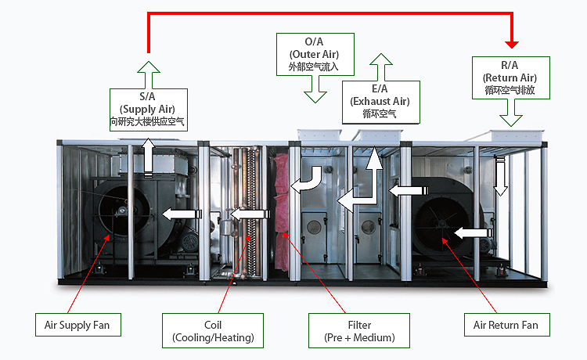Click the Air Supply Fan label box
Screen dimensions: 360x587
click(x=77, y=325)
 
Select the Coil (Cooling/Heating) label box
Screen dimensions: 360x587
click(x=213, y=330)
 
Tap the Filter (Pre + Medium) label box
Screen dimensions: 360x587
click(x=360, y=330)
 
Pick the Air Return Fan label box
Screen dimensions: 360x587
click(x=506, y=325)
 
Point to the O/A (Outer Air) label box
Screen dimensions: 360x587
click(x=315, y=54)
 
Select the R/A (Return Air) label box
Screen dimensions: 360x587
click(x=510, y=77)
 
